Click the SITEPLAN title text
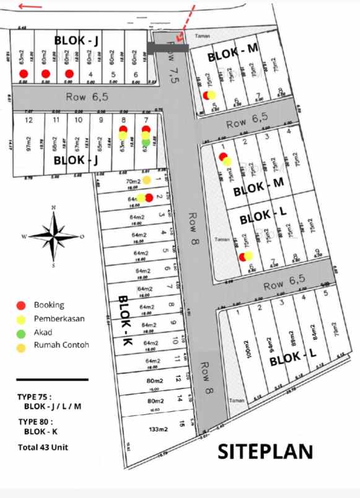265,452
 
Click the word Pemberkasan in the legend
59,318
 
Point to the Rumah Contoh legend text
62,345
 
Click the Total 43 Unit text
43,447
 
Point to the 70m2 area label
133,181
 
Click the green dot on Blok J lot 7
146,142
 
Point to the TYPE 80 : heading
34,421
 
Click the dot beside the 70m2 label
146,180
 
